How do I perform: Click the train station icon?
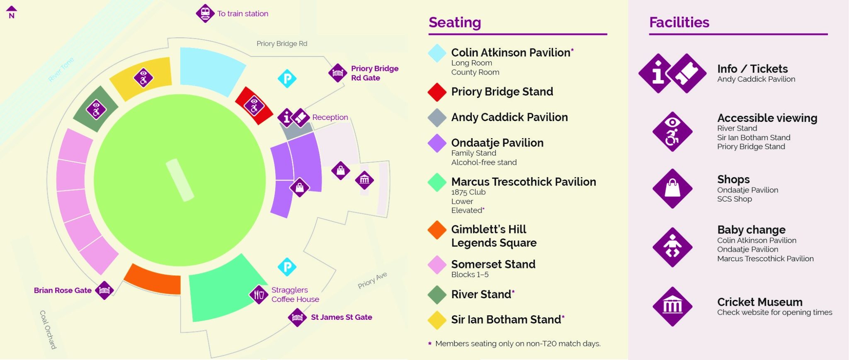tap(205, 13)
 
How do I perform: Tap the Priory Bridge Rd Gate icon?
tap(337, 73)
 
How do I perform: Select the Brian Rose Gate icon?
tap(104, 290)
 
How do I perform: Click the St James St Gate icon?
tap(297, 318)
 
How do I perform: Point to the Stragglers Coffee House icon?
tap(259, 294)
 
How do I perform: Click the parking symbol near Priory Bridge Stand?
tap(287, 78)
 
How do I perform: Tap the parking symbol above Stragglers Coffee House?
tap(287, 267)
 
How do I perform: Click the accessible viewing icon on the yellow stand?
tap(143, 78)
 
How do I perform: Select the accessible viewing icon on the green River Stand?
tap(96, 109)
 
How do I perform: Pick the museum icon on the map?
tap(364, 180)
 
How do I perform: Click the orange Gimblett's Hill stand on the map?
tap(153, 280)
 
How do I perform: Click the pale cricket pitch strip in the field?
tap(180, 180)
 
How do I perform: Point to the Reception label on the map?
tap(330, 117)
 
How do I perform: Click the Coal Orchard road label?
tap(48, 329)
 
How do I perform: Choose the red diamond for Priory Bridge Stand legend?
tap(437, 92)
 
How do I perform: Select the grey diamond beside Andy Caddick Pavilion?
tap(437, 117)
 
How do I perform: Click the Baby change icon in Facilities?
tap(672, 247)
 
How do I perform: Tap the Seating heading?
tap(455, 22)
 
